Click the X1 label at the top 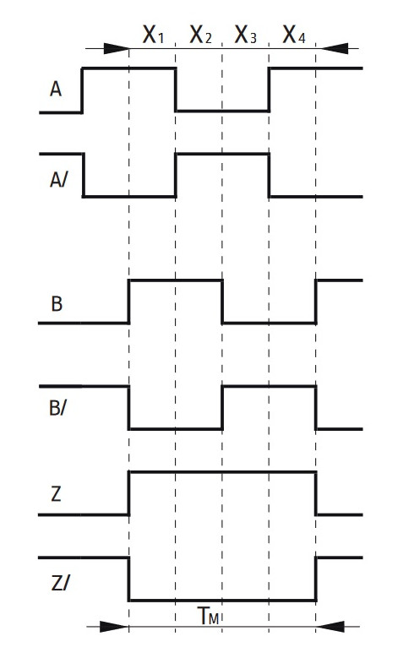coord(153,35)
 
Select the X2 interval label coord(200,35)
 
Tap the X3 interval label coord(245,35)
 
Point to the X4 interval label coord(294,35)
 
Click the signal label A coord(56,90)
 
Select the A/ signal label coord(58,180)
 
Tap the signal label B coord(57,304)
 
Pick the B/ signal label coord(57,408)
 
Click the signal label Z coord(56,494)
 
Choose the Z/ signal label coord(59,583)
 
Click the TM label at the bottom coord(209,616)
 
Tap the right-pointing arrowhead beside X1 coord(116,49)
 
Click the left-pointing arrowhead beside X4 coord(335,48)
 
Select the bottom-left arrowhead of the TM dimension coord(114,627)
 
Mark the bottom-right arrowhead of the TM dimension coord(330,627)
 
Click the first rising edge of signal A coord(82,90)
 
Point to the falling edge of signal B coord(222,302)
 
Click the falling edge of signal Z coord(316,493)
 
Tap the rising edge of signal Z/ coord(316,579)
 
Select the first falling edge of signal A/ coord(84,175)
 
